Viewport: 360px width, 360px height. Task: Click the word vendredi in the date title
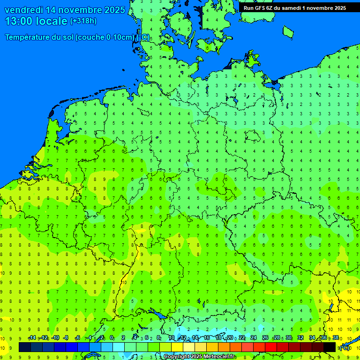click(x=24, y=10)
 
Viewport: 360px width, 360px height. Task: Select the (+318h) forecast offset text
click(x=83, y=21)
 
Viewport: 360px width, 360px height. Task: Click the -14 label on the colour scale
click(x=32, y=338)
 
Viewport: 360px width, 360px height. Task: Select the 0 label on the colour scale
click(x=112, y=338)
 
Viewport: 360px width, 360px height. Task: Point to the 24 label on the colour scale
click(x=254, y=338)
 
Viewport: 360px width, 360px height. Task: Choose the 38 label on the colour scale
click(x=336, y=338)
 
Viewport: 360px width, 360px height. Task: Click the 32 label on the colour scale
click(x=300, y=338)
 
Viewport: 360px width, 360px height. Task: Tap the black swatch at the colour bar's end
click(x=330, y=347)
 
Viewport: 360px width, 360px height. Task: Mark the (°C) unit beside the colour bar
click(x=344, y=347)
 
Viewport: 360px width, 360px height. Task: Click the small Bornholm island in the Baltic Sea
click(x=288, y=31)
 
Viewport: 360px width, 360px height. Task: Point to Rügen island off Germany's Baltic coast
click(x=252, y=60)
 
